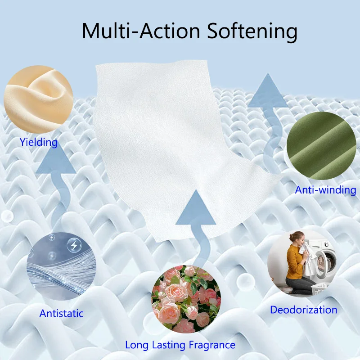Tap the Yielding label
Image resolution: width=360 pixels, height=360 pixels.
coord(39,143)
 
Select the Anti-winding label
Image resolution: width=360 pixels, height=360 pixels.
coord(325,190)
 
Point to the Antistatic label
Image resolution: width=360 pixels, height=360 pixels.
coord(62,313)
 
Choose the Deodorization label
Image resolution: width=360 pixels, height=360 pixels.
coord(303,310)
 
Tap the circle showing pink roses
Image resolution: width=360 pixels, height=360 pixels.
coord(186,299)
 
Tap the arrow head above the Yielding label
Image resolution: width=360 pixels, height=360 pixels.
coord(55,162)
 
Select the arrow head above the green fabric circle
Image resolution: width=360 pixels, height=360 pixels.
coord(268,92)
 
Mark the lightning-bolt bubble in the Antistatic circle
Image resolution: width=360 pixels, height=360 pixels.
coord(72,246)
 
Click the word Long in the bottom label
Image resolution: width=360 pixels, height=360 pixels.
coord(136,345)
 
